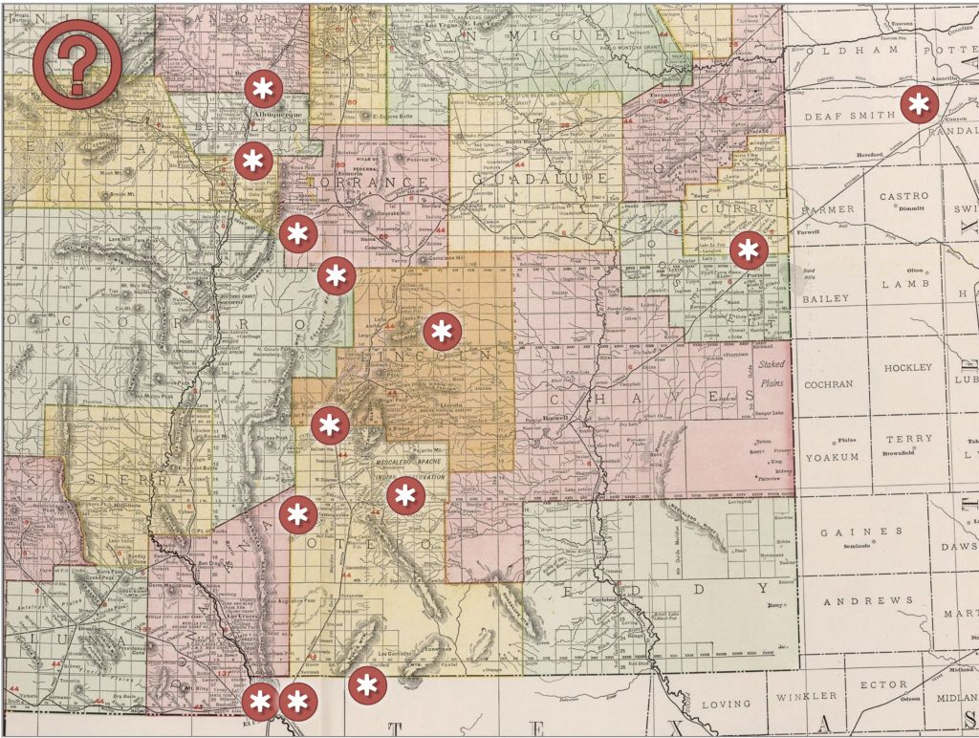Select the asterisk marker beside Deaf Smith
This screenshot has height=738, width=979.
(x=919, y=104)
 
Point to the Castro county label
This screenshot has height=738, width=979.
(x=903, y=196)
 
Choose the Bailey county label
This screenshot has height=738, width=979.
(x=825, y=298)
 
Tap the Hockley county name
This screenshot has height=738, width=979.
(x=907, y=367)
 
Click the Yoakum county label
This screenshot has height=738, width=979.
(x=832, y=457)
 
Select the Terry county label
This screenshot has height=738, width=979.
(x=908, y=439)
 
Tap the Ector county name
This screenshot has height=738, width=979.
(x=883, y=684)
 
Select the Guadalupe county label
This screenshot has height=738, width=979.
(x=541, y=179)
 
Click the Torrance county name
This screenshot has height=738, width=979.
(x=374, y=182)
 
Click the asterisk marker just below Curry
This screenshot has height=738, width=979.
(x=748, y=250)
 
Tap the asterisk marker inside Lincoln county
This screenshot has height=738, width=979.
(x=441, y=332)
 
